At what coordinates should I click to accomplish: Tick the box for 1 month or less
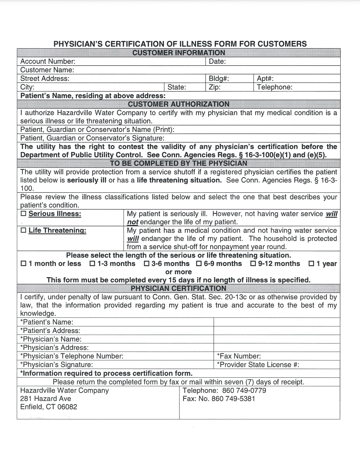pyautogui.click(x=23, y=264)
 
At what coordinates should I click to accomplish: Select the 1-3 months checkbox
pyautogui.click(x=92, y=264)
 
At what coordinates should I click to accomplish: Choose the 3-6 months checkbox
pyautogui.click(x=147, y=264)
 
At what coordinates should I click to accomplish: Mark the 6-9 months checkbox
pyautogui.click(x=199, y=264)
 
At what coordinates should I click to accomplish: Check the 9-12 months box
pyautogui.click(x=253, y=264)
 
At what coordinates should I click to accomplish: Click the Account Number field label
pyautogui.click(x=48, y=62)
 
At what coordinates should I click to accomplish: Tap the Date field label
pyautogui.click(x=217, y=62)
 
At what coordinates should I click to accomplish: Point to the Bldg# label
pyautogui.click(x=219, y=79)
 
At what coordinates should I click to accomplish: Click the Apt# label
pyautogui.click(x=265, y=79)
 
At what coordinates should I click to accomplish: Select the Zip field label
pyautogui.click(x=215, y=87)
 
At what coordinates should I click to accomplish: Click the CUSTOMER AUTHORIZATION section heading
pyautogui.click(x=179, y=104)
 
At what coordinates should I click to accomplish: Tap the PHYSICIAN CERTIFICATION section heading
pyautogui.click(x=179, y=289)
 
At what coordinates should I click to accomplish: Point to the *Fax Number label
pyautogui.click(x=239, y=356)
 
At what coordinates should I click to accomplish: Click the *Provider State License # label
pyautogui.click(x=258, y=365)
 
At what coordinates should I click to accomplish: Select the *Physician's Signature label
pyautogui.click(x=56, y=365)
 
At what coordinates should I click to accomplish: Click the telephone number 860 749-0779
pyautogui.click(x=244, y=391)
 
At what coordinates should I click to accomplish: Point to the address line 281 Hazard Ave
pyautogui.click(x=46, y=399)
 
